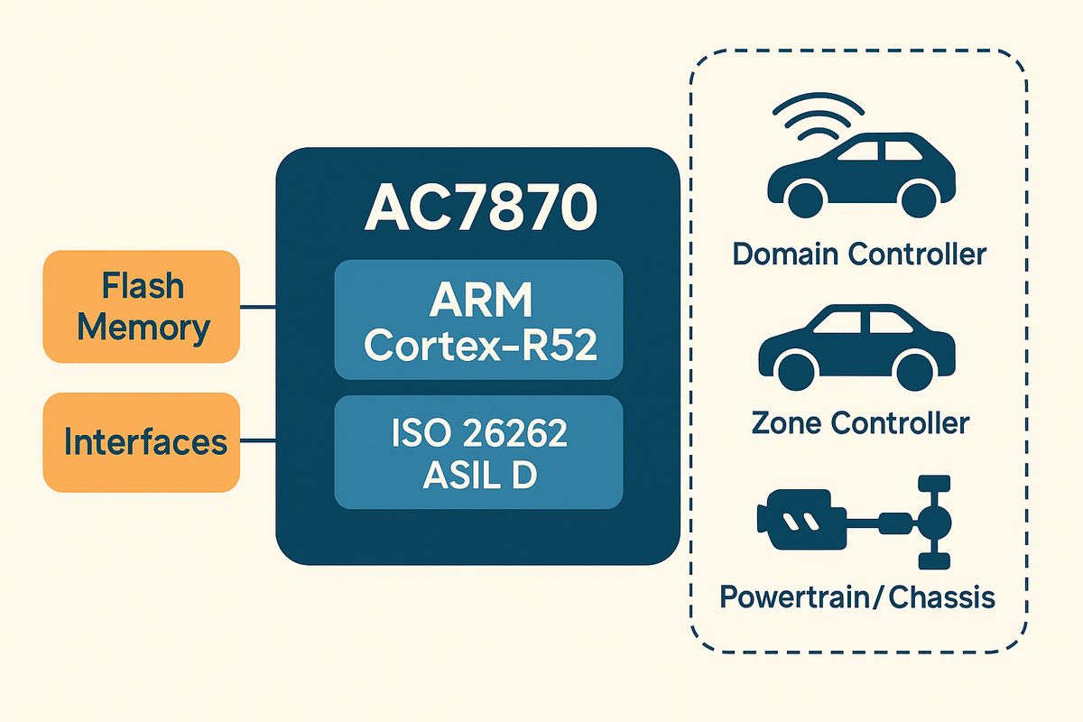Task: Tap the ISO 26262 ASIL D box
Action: click(x=478, y=451)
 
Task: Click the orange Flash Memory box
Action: click(x=142, y=307)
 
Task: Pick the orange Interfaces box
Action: click(x=142, y=442)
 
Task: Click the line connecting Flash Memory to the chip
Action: click(x=258, y=307)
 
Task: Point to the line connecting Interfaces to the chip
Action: click(x=258, y=441)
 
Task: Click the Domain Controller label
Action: click(x=859, y=254)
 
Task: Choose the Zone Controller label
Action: click(x=859, y=421)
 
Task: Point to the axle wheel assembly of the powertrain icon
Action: click(x=930, y=522)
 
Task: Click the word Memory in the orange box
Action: click(x=143, y=327)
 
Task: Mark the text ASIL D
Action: click(x=479, y=474)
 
